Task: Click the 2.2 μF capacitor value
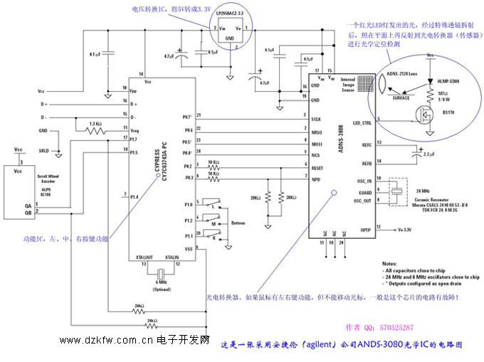(429, 154)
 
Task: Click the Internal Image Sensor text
(348, 84)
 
